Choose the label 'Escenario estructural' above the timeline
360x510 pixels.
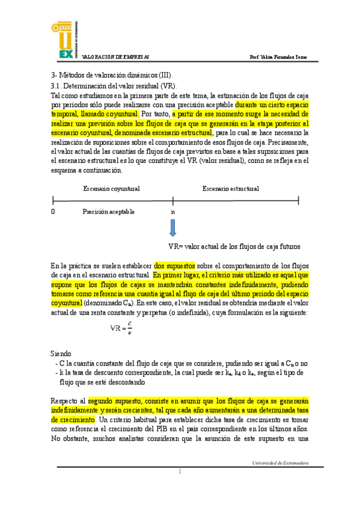pos(231,188)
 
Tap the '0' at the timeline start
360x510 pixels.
pos(53,212)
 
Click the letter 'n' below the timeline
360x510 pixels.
pos(173,212)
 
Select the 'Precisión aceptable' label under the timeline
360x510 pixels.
pos(109,212)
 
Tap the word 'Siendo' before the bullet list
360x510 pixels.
pos(61,353)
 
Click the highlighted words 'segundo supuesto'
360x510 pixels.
pos(114,399)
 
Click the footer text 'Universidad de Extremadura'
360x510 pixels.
pos(280,462)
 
